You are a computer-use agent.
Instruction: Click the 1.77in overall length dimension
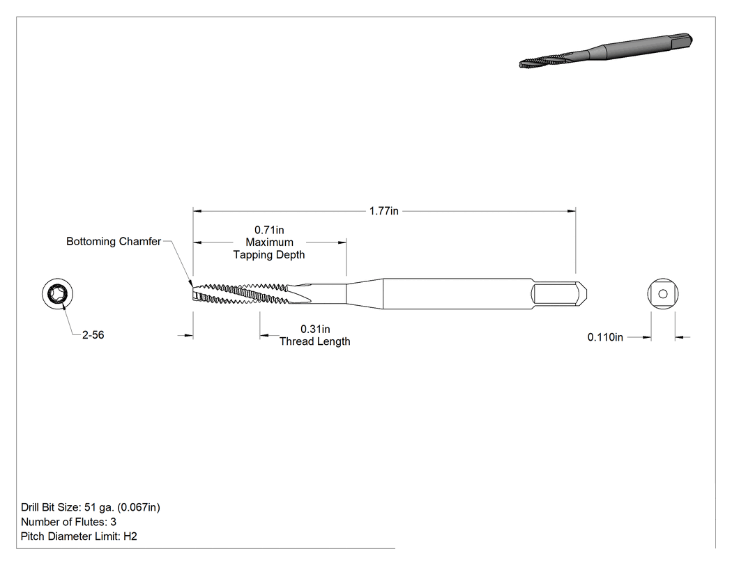point(383,211)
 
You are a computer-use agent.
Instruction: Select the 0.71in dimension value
point(269,230)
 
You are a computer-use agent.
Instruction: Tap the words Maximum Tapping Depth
point(269,249)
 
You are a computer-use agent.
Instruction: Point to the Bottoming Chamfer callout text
point(114,242)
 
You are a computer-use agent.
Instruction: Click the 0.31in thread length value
point(315,329)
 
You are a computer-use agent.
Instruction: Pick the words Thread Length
point(314,341)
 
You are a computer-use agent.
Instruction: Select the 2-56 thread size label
point(93,335)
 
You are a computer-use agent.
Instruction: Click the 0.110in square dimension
point(605,337)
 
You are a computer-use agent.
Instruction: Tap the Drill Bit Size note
point(91,507)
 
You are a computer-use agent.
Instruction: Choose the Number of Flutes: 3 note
point(68,522)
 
